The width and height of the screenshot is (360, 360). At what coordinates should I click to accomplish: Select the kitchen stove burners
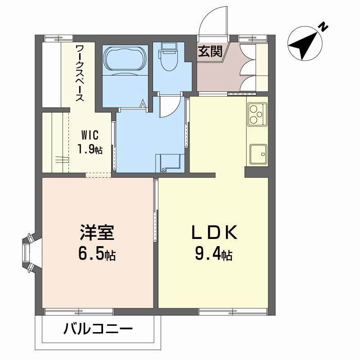[257, 114]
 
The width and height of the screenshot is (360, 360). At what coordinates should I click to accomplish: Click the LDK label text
[214, 233]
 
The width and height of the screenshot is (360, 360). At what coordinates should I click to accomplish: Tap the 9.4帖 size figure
[213, 255]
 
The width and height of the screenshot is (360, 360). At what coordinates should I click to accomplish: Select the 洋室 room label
[97, 233]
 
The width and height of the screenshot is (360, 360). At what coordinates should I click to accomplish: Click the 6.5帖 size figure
[97, 255]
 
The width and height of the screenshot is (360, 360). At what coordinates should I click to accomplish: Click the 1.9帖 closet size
[89, 149]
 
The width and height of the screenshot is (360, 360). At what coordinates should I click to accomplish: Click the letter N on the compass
[323, 27]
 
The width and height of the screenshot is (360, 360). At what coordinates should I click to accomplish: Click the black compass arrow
[302, 45]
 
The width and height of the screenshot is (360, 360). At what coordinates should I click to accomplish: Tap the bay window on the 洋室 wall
[30, 253]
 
